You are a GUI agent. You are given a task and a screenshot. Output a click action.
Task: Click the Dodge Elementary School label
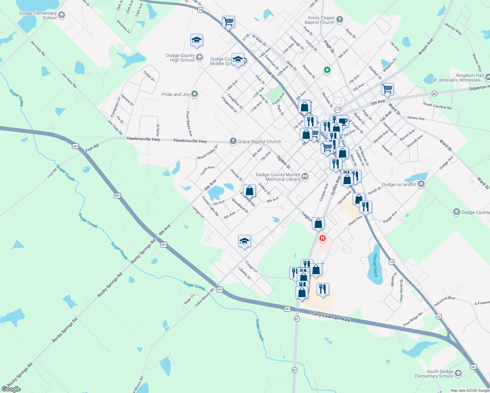(38, 15)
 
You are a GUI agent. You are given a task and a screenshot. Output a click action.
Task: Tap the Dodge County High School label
(182, 58)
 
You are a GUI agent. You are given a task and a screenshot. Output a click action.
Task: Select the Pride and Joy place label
(176, 94)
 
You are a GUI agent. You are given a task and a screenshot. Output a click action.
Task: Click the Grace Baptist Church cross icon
(233, 141)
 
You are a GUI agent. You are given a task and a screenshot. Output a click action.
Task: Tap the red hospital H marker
(323, 238)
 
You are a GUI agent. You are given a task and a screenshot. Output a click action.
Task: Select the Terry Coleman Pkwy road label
(330, 317)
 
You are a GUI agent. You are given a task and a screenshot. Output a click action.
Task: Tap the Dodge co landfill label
(399, 184)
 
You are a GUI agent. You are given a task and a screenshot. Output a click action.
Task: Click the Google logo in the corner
(11, 389)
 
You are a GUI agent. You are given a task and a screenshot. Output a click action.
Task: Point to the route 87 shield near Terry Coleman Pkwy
(297, 319)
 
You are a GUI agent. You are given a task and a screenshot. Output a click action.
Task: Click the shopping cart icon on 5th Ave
(387, 89)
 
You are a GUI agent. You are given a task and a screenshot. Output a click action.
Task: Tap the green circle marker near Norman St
(327, 70)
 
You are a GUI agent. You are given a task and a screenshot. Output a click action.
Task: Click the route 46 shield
(434, 94)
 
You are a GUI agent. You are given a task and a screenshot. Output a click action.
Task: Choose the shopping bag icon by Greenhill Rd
(249, 191)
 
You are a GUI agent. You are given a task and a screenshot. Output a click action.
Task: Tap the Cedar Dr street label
(149, 76)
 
